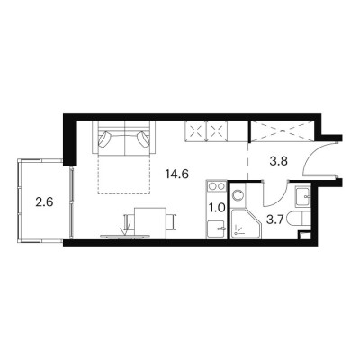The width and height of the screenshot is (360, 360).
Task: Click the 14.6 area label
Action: tap(177, 174)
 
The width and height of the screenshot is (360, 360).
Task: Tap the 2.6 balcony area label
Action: tap(44, 202)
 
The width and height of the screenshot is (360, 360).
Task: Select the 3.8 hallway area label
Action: tap(279, 161)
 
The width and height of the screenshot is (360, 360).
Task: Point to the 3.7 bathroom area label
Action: tap(275, 221)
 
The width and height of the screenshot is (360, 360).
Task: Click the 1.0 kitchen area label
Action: tap(217, 208)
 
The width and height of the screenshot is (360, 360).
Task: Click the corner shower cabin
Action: tap(246, 224)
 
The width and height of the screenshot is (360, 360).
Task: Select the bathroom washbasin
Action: tap(303, 197)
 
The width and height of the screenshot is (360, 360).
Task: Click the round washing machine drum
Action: tap(238, 195)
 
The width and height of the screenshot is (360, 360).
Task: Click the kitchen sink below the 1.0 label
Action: tap(215, 229)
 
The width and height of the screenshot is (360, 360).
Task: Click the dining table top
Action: tap(150, 223)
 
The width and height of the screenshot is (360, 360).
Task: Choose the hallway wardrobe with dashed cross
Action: tap(282, 130)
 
